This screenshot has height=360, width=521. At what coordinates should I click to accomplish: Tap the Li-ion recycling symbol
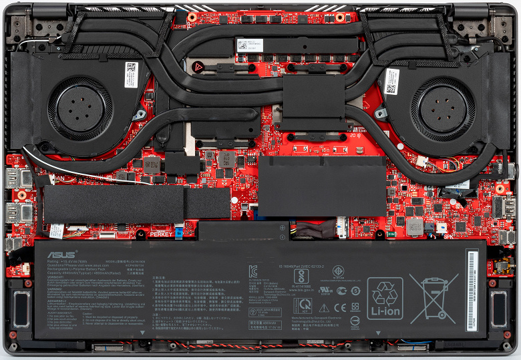[385, 297]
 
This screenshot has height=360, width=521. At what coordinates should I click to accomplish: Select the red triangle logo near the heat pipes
[198, 67]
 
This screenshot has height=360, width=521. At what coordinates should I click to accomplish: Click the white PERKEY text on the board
[160, 234]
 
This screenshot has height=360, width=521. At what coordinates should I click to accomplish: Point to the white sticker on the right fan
[391, 80]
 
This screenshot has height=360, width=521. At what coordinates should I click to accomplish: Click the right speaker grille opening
[498, 308]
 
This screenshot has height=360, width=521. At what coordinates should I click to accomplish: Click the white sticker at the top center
[248, 45]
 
